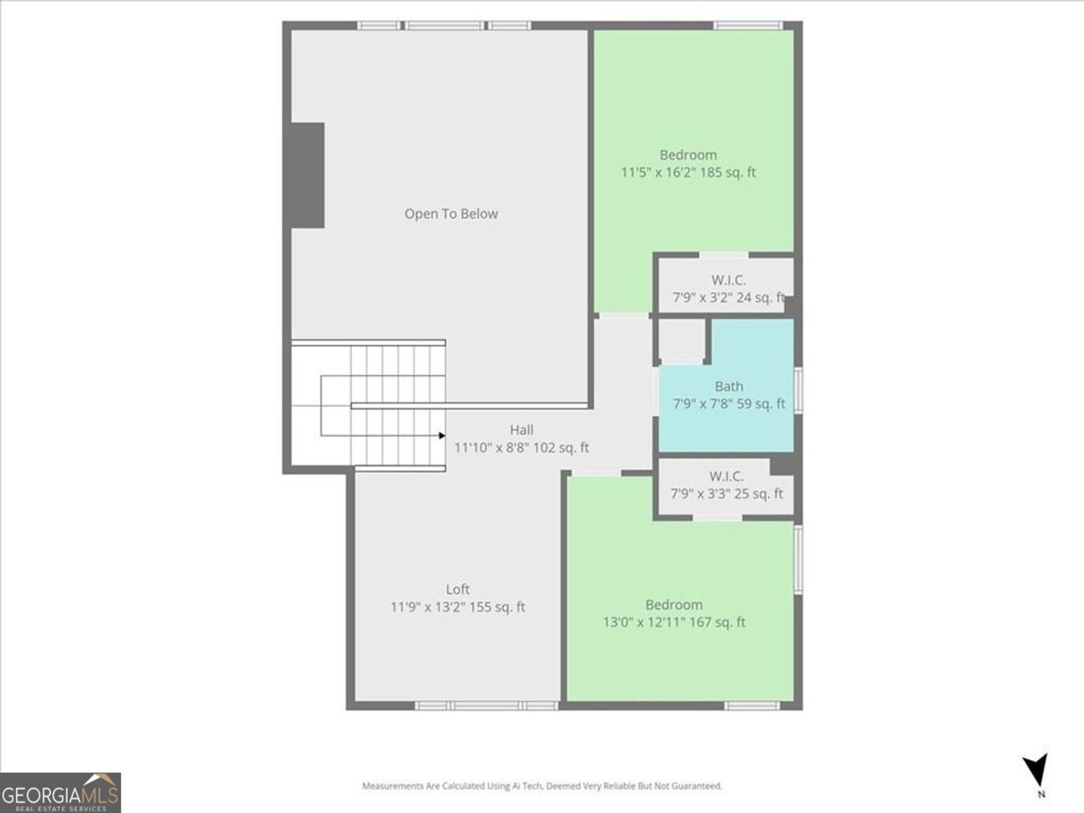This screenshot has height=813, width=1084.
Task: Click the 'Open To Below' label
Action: (x=451, y=213)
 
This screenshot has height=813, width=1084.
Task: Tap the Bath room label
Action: (x=729, y=386)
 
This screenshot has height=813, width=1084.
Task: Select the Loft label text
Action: (x=457, y=589)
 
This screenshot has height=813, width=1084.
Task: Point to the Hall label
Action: (x=522, y=430)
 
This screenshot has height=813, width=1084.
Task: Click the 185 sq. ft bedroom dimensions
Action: (x=688, y=172)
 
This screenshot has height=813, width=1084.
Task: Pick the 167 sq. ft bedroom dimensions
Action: (x=673, y=622)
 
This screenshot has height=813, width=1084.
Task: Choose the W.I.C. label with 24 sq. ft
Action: (x=728, y=280)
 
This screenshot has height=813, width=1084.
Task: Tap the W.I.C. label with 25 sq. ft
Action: (x=726, y=476)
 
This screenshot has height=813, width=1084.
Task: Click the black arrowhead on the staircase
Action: (x=442, y=436)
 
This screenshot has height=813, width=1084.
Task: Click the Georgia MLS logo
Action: (x=60, y=792)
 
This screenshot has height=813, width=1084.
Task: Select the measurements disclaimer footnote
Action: (x=542, y=786)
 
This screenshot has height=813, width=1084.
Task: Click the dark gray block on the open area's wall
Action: (x=307, y=175)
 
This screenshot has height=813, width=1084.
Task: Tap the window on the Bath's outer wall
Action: (x=797, y=390)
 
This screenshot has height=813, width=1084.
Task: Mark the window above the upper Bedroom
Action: (x=748, y=25)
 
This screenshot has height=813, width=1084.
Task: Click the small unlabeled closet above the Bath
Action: (x=682, y=341)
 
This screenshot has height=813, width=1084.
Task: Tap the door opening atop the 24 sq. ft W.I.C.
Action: (x=724, y=255)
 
